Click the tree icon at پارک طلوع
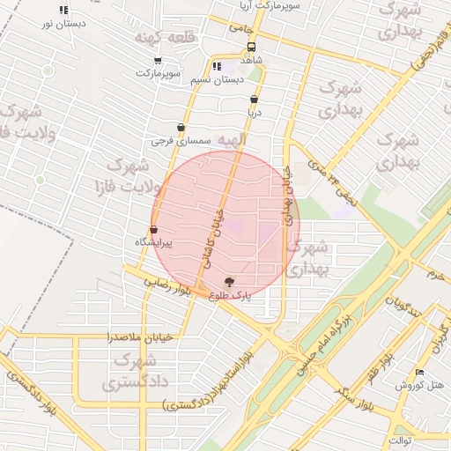tap(230, 282)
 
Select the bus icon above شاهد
tap(252, 47)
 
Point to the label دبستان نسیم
tap(216, 80)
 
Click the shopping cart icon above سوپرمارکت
tap(158, 60)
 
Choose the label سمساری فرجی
tap(181, 140)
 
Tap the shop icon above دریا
tap(255, 100)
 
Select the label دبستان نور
tap(63, 24)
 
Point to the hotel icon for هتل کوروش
tap(419, 373)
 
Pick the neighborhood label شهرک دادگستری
tap(134, 372)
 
